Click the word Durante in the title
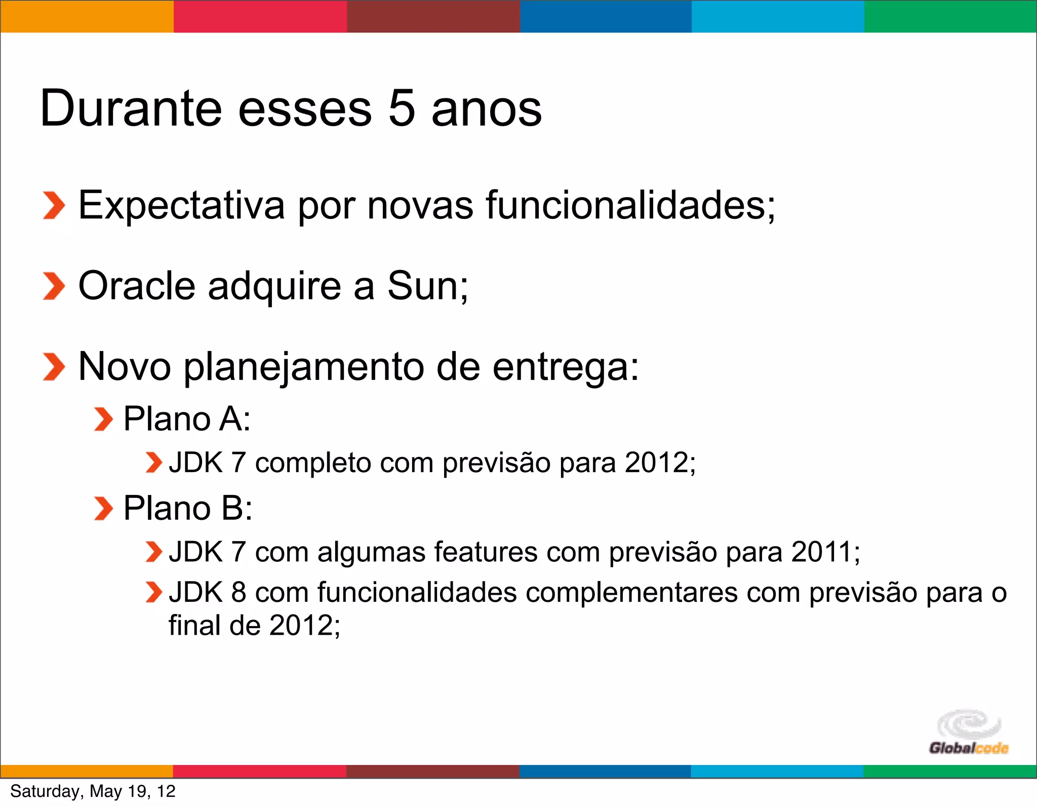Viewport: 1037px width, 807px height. click(x=131, y=108)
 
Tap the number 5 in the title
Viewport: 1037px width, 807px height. click(x=402, y=108)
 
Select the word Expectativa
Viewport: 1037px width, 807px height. click(x=181, y=205)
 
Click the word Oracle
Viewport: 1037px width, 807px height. click(x=137, y=286)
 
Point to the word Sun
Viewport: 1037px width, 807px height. click(x=423, y=286)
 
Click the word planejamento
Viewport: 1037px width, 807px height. click(x=304, y=367)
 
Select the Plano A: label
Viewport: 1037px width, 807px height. click(x=187, y=419)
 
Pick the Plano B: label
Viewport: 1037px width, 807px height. click(x=188, y=508)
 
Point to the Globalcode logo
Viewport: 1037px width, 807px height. click(x=969, y=733)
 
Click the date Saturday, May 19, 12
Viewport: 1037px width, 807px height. click(x=93, y=791)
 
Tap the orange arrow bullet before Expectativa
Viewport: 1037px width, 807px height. click(x=54, y=206)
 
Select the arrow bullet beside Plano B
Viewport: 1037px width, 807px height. click(x=103, y=509)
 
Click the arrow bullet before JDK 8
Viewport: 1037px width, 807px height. click(x=153, y=592)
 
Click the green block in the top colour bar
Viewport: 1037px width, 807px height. click(x=950, y=16)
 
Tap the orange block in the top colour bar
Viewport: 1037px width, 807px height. click(x=87, y=16)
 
